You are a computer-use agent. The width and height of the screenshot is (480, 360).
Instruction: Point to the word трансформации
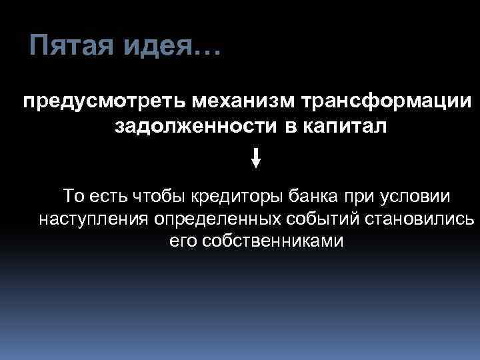pyautogui.click(x=384, y=104)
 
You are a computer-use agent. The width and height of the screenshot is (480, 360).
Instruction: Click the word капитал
pyautogui.click(x=341, y=127)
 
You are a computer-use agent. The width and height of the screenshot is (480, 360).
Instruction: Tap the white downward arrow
pyautogui.click(x=256, y=158)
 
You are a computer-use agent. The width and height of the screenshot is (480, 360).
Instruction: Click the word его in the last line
pyautogui.click(x=181, y=241)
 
